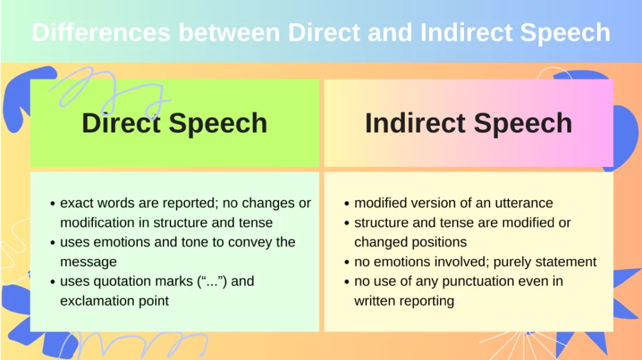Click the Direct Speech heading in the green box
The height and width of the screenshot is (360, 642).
174,123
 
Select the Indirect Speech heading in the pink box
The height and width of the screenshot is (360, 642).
468,123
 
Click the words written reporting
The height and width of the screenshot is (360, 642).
404,300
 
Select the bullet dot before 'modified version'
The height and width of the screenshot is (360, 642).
347,204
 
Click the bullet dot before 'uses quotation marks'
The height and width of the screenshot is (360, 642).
53,282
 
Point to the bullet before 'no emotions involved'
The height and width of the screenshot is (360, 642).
347,262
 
